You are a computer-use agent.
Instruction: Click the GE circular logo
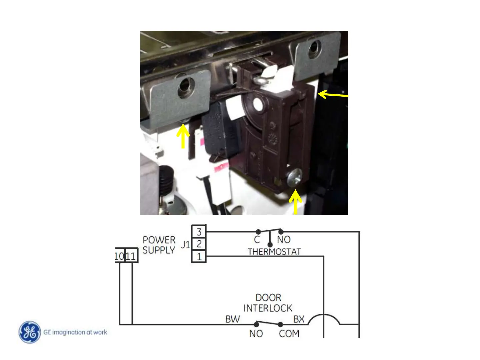point(30,332)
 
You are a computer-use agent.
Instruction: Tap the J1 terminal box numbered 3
point(199,232)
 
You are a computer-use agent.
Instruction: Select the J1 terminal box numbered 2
point(199,244)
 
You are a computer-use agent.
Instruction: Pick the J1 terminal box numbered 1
point(199,256)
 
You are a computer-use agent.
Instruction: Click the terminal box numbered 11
point(131,256)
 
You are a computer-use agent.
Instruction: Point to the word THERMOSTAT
point(274,252)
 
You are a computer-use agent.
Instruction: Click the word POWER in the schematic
point(159,240)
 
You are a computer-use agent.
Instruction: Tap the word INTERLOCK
point(268,308)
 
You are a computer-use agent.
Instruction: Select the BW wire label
point(232,319)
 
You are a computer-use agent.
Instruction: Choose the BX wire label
point(299,319)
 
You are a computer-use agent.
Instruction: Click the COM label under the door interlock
point(289,334)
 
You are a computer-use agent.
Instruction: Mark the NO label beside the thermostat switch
point(284,240)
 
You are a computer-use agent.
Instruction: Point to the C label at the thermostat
point(257,240)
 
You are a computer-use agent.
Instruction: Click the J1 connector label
point(185,245)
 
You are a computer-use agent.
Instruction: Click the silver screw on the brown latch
point(294,177)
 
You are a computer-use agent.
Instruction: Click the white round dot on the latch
point(257,105)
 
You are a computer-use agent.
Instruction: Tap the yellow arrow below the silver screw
point(295,202)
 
